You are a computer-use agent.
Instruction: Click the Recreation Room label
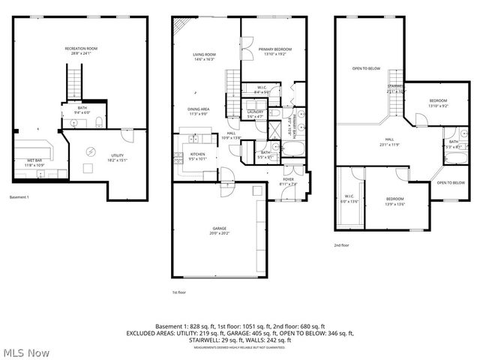point(81,49)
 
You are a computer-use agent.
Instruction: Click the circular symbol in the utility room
point(91,151)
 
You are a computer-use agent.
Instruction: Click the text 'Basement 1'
point(19,197)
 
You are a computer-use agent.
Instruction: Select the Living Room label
point(204,55)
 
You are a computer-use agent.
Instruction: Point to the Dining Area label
point(198,109)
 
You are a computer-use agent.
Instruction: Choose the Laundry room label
point(255,112)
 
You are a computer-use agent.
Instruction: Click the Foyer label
point(288,180)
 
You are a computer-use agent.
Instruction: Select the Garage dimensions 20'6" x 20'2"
point(219,232)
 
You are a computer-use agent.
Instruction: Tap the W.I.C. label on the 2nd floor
point(350,197)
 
